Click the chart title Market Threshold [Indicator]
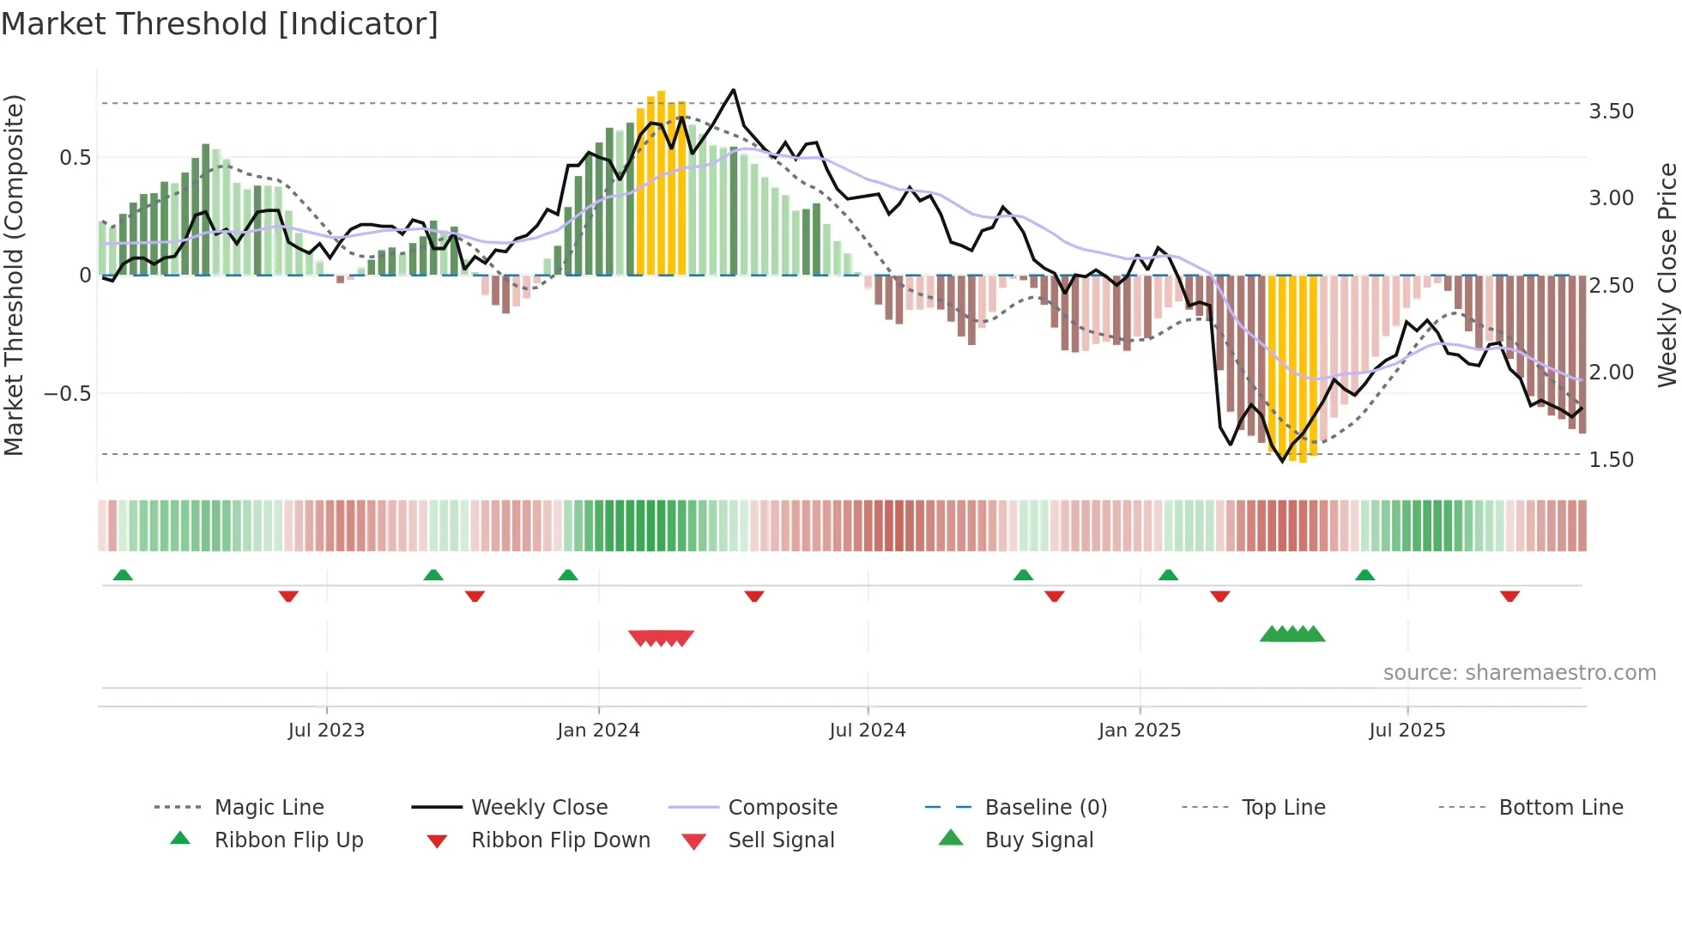(x=220, y=24)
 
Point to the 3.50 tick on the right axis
(x=1611, y=112)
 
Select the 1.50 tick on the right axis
(x=1611, y=460)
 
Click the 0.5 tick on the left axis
(x=75, y=158)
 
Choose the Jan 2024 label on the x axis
(x=598, y=731)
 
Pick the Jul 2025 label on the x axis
(x=1407, y=731)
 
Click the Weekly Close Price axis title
(x=1666, y=275)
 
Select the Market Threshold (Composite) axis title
(x=14, y=275)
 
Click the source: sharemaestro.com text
(x=1519, y=673)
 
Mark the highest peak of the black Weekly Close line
(x=733, y=90)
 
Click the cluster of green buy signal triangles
(x=1292, y=634)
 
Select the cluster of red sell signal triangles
(x=661, y=638)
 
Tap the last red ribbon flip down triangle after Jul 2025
(x=1510, y=596)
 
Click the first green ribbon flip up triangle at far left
(x=123, y=575)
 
